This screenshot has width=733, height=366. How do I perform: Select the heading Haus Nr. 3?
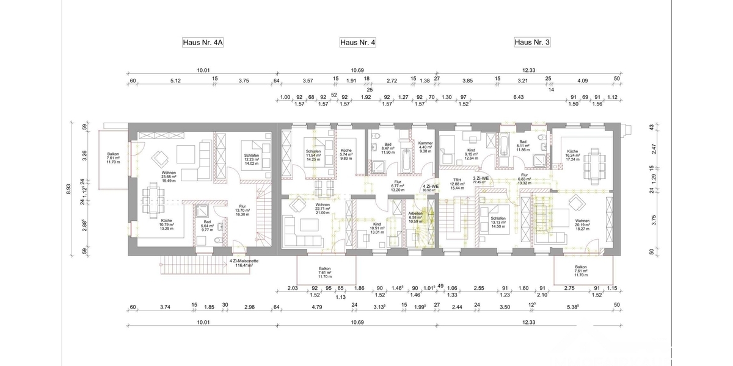[x=532, y=43]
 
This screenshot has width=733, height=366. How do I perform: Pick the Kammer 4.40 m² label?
[x=425, y=147]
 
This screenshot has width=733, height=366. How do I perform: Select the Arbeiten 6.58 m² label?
[x=415, y=217]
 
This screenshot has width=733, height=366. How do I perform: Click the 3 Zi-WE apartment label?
[x=478, y=180]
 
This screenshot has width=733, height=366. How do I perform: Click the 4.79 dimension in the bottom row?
[x=316, y=308]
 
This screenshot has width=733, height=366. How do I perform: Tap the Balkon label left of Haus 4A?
[x=113, y=157]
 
